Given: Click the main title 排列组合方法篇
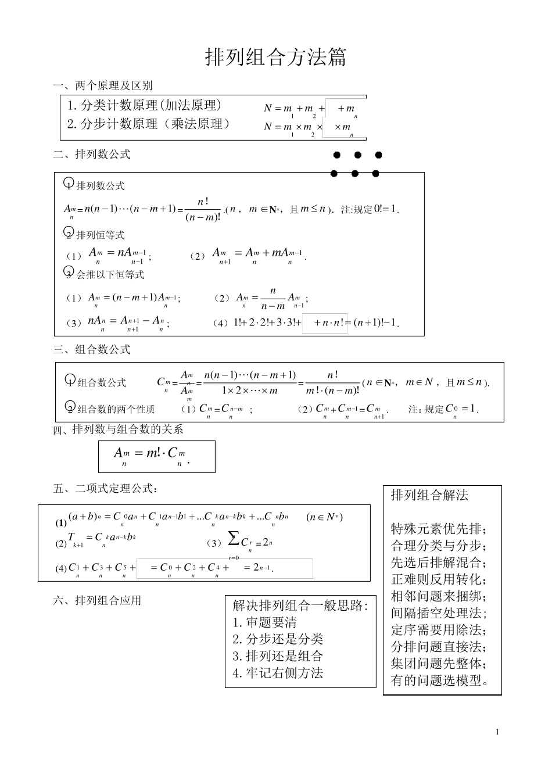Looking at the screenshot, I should point(275,58).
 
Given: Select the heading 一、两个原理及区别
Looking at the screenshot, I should point(102,86).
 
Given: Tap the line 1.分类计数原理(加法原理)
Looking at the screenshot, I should point(144,106).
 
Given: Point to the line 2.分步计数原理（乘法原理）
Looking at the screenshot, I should point(149,124).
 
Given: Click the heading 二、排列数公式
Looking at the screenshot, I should point(92,155).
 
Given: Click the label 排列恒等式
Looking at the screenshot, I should point(100,235).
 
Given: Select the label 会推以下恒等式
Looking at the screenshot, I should point(110,274).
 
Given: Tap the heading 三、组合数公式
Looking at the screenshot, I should point(92,350).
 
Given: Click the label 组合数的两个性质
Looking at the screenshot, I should point(116,409).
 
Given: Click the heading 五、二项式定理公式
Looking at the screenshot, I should point(105,489).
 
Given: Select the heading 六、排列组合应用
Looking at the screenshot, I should point(97,601).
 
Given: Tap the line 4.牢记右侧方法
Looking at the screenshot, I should point(278,673).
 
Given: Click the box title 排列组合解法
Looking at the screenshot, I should point(429,496).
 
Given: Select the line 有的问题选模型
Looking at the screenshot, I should point(440,680).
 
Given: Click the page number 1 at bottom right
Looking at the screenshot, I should point(497,732).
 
